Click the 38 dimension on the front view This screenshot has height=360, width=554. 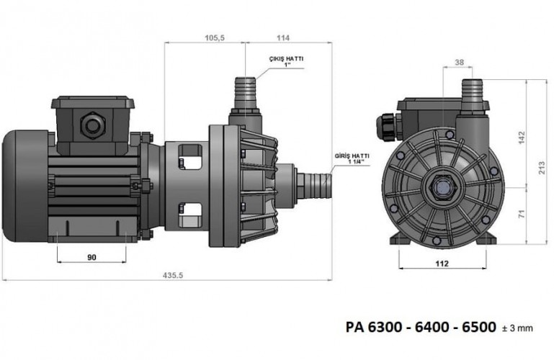pyautogui.click(x=460, y=62)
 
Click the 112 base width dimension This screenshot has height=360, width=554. pyautogui.click(x=442, y=263)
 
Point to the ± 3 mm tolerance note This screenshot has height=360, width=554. pyautogui.click(x=517, y=329)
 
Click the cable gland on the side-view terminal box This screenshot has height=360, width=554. pyautogui.click(x=92, y=124)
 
